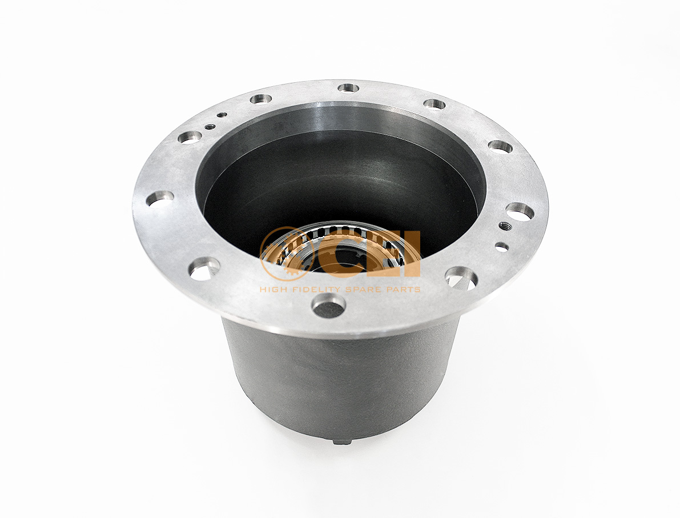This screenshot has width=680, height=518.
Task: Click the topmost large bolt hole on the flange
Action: (x=348, y=88)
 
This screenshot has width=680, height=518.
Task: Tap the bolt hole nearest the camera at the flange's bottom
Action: (x=328, y=307)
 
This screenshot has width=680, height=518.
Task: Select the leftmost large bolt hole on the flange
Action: (x=160, y=198)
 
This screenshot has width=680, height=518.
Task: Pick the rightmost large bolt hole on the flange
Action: (x=520, y=211)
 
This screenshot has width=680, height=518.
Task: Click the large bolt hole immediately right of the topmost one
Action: (x=434, y=104)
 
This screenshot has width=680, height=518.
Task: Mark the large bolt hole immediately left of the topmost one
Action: (x=260, y=99)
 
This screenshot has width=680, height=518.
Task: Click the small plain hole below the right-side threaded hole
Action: (x=501, y=247)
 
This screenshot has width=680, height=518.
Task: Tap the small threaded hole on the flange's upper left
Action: (x=210, y=126)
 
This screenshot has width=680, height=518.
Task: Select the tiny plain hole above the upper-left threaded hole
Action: (x=221, y=115)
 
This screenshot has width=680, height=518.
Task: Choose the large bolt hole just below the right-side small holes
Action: (x=461, y=278)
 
